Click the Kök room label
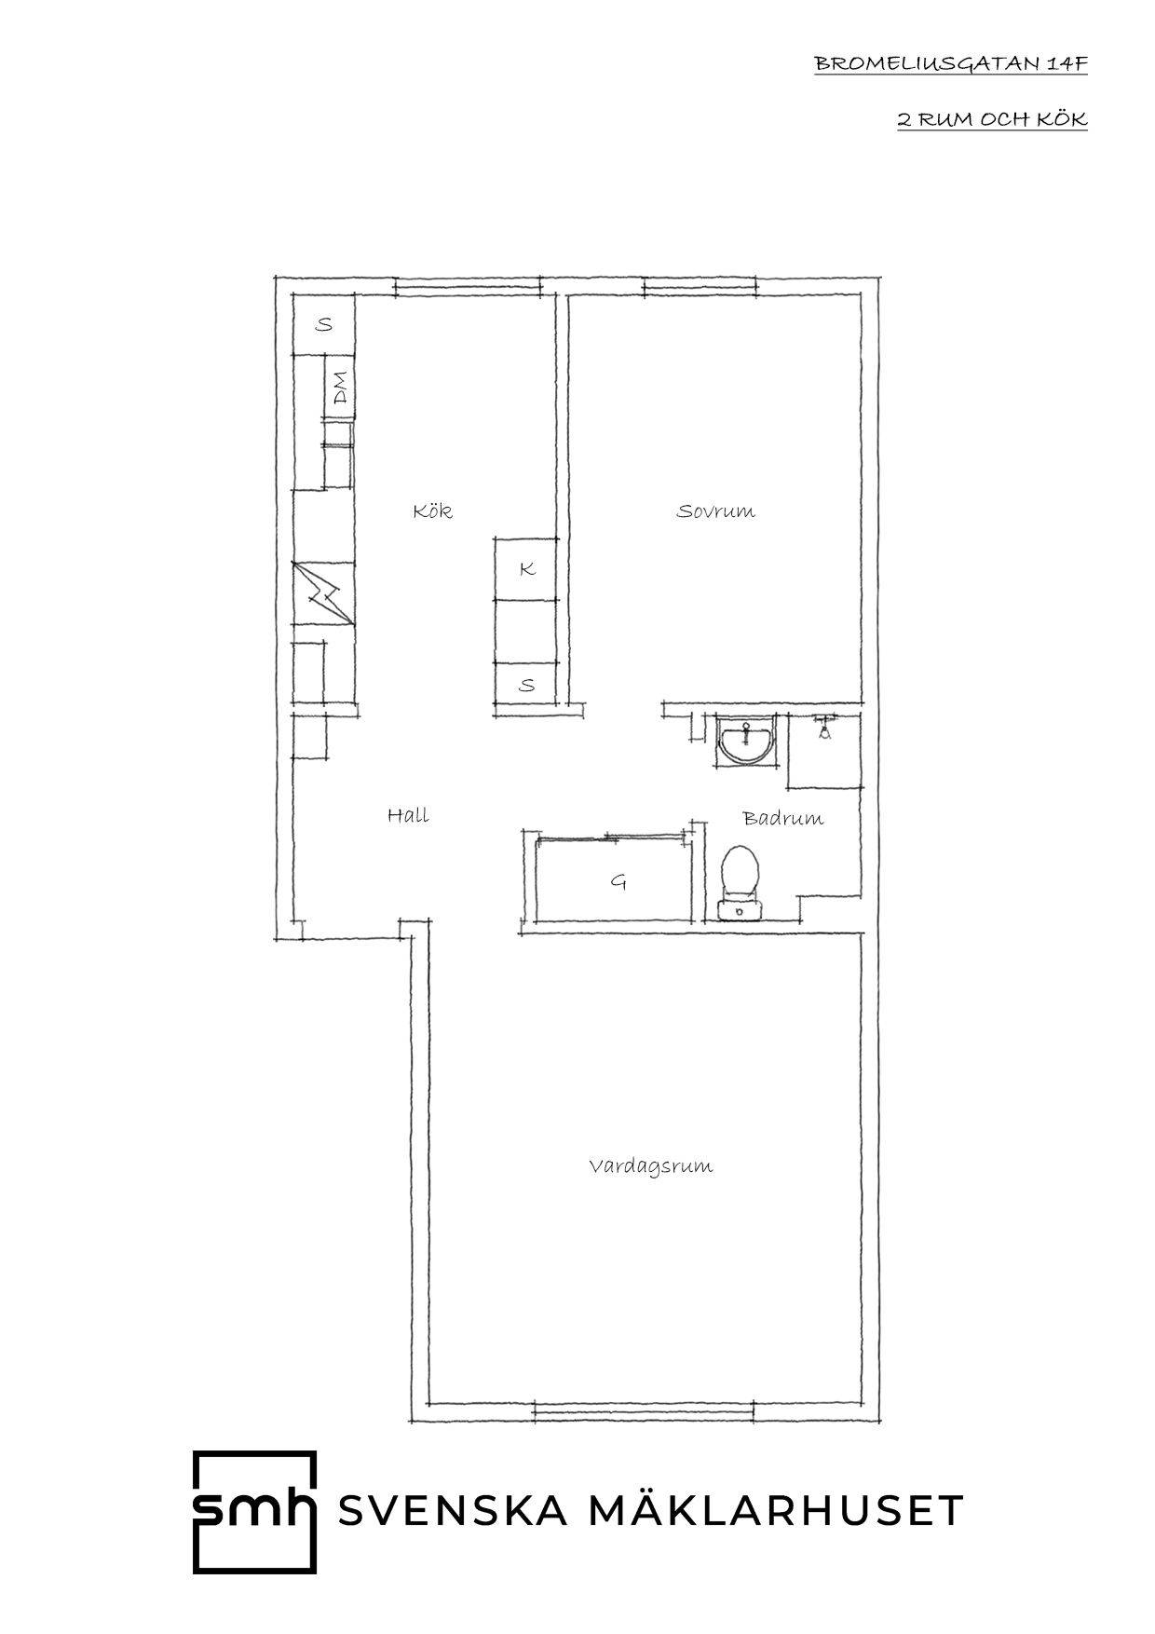(432, 511)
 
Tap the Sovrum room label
(715, 511)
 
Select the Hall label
(408, 815)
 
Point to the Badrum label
(782, 819)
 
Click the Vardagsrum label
(650, 1165)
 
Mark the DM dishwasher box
(339, 388)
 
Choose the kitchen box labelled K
(526, 568)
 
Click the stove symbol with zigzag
(323, 592)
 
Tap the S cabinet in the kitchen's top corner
(324, 324)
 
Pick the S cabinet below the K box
(526, 685)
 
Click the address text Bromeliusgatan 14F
(951, 64)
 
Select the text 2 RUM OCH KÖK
(992, 119)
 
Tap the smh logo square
(254, 1511)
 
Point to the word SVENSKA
(453, 1511)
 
